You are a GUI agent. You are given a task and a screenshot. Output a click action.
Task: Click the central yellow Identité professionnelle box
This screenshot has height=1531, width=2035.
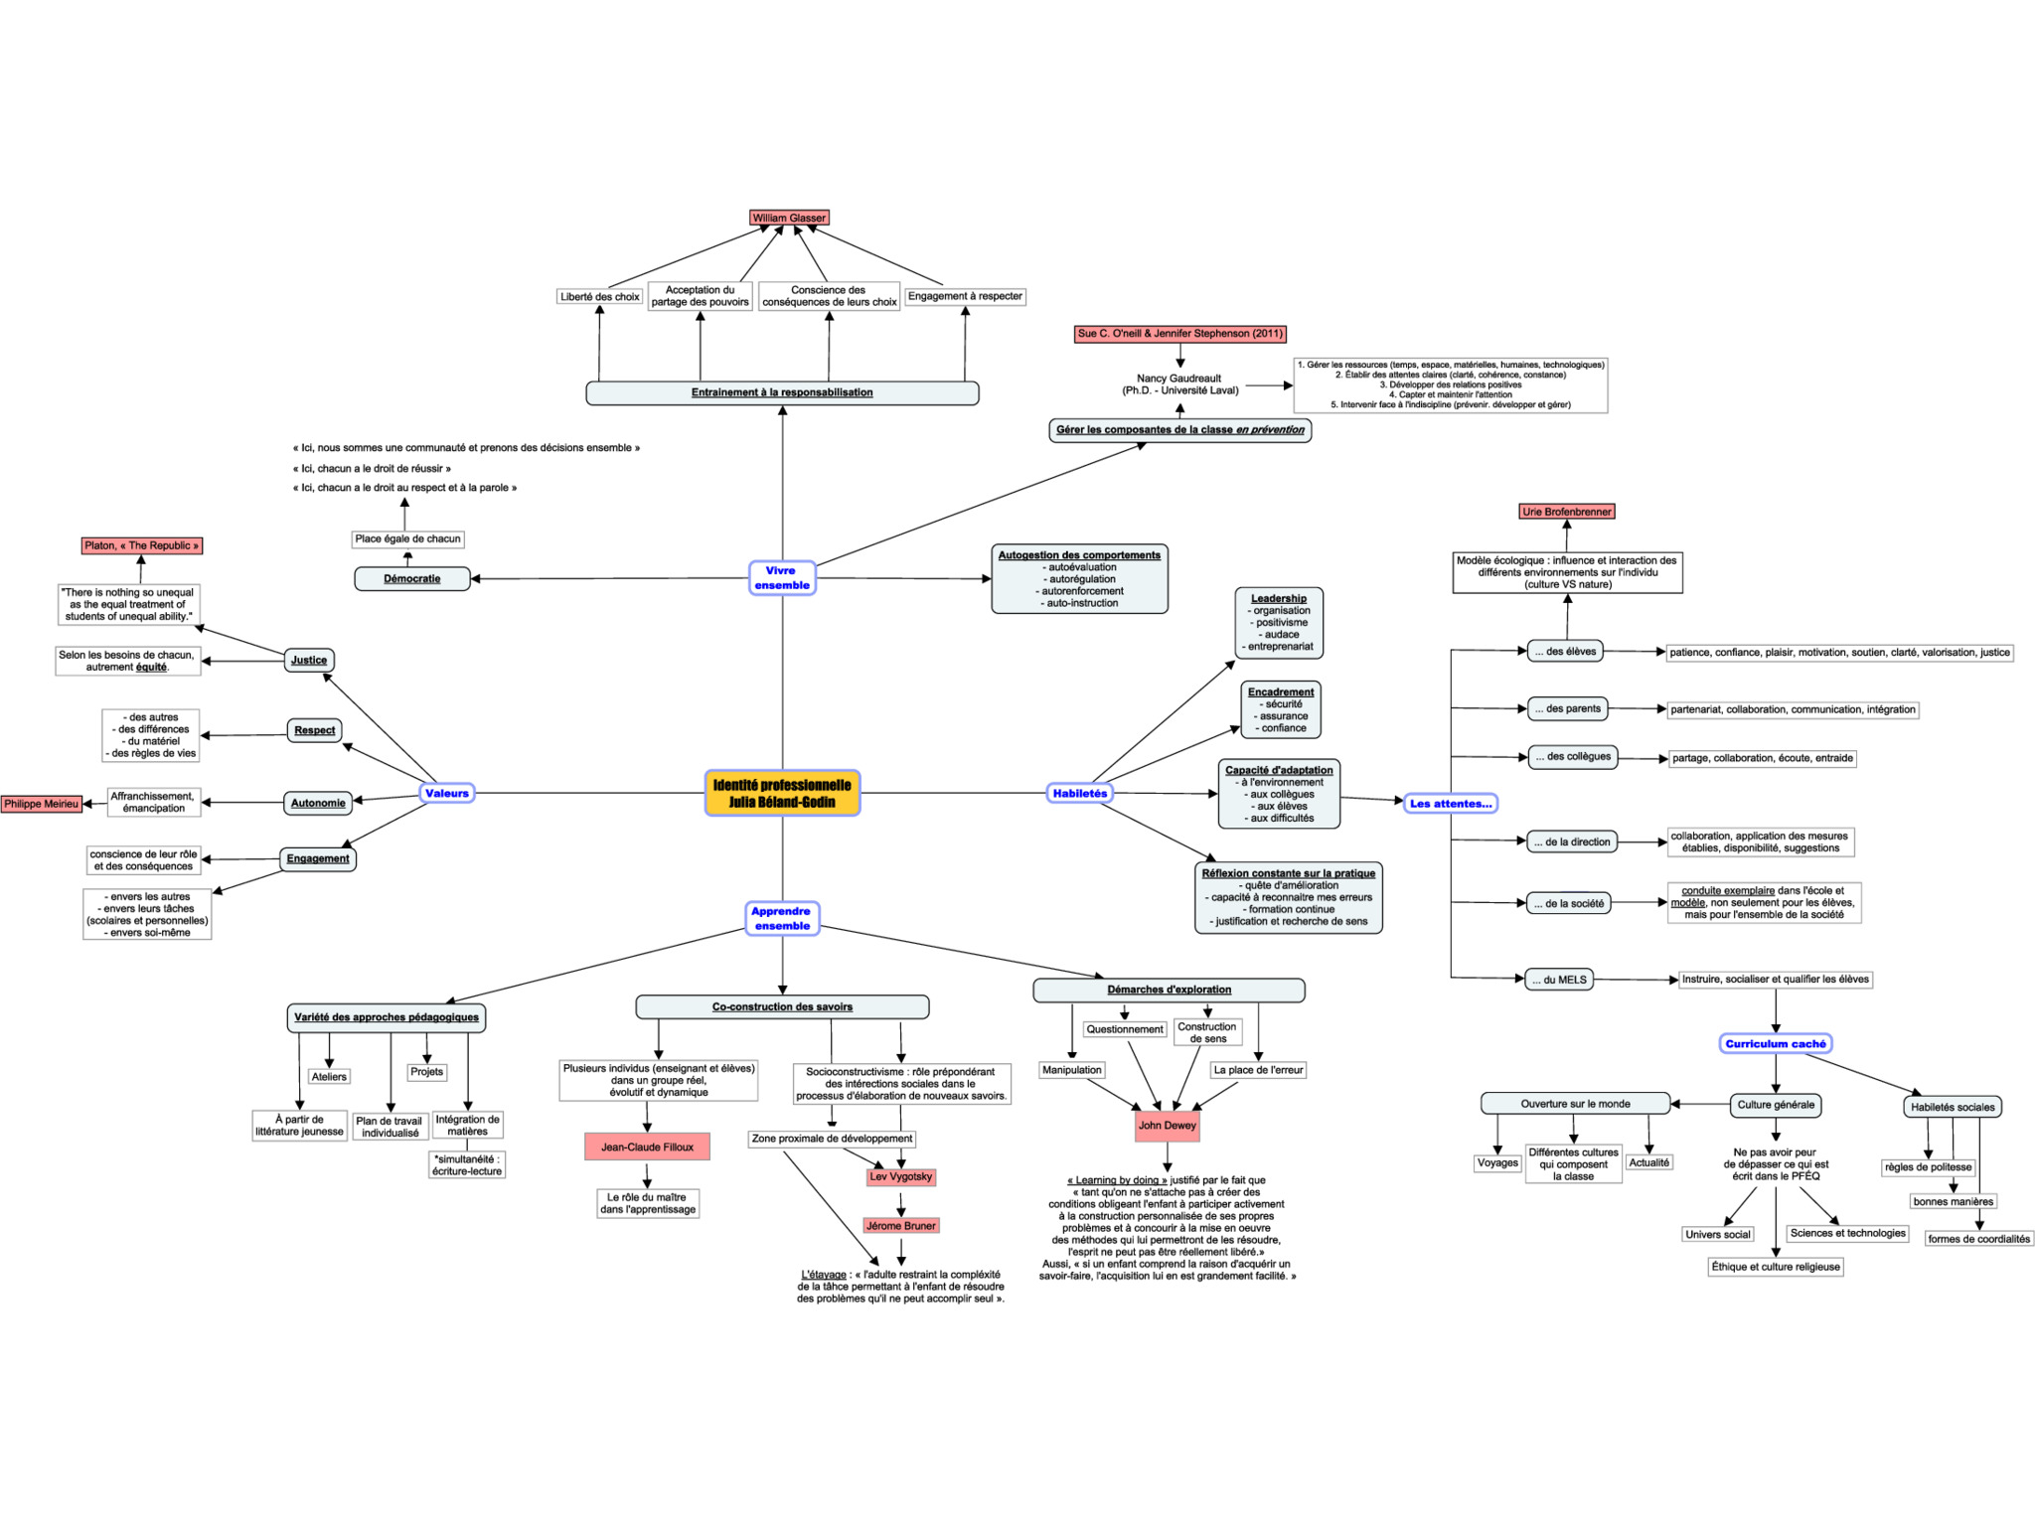pyautogui.click(x=782, y=793)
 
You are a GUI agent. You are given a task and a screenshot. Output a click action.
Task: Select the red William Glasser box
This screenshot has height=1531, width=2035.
pyautogui.click(x=789, y=218)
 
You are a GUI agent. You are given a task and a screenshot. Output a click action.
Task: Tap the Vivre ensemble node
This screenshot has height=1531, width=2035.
pyautogui.click(x=782, y=577)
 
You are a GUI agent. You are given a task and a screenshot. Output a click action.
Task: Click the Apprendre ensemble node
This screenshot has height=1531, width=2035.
pyautogui.click(x=782, y=918)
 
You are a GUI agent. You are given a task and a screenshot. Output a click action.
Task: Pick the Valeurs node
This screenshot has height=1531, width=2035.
pyautogui.click(x=447, y=793)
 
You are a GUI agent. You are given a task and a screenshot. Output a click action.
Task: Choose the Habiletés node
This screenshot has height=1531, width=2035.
pyautogui.click(x=1079, y=793)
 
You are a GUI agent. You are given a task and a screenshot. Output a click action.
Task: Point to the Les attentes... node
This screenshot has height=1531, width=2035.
pyautogui.click(x=1451, y=803)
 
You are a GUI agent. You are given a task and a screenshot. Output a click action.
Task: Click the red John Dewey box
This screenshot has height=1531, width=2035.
pyautogui.click(x=1168, y=1126)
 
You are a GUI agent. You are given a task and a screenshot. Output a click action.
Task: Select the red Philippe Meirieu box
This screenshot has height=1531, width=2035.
pyautogui.click(x=41, y=804)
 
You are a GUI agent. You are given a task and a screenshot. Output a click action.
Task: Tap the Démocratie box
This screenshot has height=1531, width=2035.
pyautogui.click(x=412, y=578)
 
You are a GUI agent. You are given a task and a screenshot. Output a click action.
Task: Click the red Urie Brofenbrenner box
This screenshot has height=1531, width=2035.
pyautogui.click(x=1567, y=512)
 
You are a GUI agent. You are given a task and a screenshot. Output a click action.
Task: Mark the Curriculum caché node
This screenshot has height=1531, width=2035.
pyautogui.click(x=1776, y=1043)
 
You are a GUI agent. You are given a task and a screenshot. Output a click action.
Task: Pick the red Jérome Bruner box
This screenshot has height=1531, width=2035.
pyautogui.click(x=901, y=1226)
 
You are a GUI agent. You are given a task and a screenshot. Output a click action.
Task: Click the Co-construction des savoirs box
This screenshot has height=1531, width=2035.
pyautogui.click(x=782, y=1006)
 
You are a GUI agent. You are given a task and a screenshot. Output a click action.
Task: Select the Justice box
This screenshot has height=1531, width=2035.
pyautogui.click(x=309, y=660)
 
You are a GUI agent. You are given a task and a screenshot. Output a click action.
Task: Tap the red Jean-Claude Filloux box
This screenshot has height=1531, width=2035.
pyautogui.click(x=647, y=1147)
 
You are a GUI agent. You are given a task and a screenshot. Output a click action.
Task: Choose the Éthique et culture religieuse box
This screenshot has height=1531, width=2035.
pyautogui.click(x=1776, y=1267)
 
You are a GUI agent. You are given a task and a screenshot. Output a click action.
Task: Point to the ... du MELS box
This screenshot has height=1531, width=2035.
pyautogui.click(x=1559, y=980)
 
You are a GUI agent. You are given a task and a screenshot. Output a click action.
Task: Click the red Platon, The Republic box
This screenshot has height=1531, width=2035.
pyautogui.click(x=142, y=545)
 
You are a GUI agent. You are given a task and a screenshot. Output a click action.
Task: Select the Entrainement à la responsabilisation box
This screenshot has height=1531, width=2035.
pyautogui.click(x=782, y=392)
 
